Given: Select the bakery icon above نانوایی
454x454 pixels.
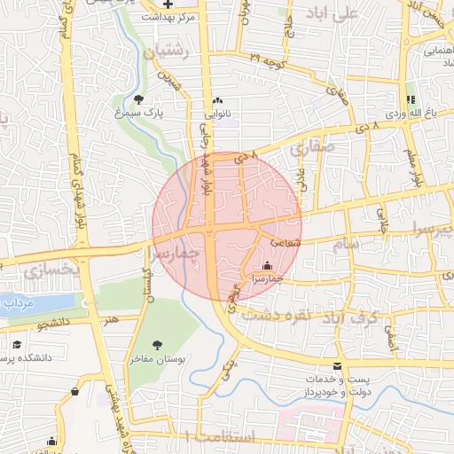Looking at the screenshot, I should tap(217, 99).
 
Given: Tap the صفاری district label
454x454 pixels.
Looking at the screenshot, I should tap(317, 152).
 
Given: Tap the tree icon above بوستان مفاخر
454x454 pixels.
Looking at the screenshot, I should tap(157, 344).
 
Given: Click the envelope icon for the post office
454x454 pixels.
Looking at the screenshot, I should tap(337, 365).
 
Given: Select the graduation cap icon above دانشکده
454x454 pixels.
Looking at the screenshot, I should tap(17, 344).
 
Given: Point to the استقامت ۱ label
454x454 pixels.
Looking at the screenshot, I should tap(221, 436).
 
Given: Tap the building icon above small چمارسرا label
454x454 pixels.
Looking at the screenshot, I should tap(268, 265).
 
